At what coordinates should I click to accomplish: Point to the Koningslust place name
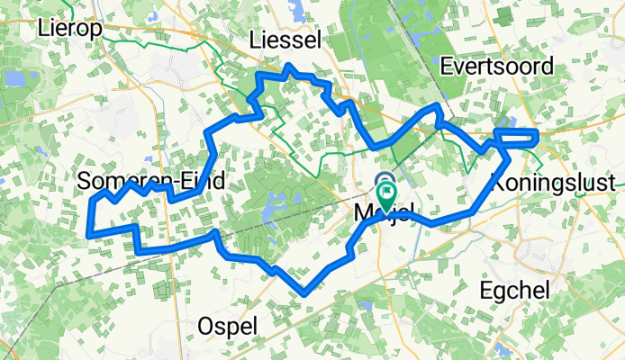pos(554,183)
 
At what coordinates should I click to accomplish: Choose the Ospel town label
pos(229,324)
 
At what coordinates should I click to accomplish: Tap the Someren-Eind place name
pos(150,182)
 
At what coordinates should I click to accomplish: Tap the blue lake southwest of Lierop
pos(14,78)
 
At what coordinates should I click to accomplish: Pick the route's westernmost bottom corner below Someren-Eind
pos(88,234)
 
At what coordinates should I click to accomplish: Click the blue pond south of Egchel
pos(502,346)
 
